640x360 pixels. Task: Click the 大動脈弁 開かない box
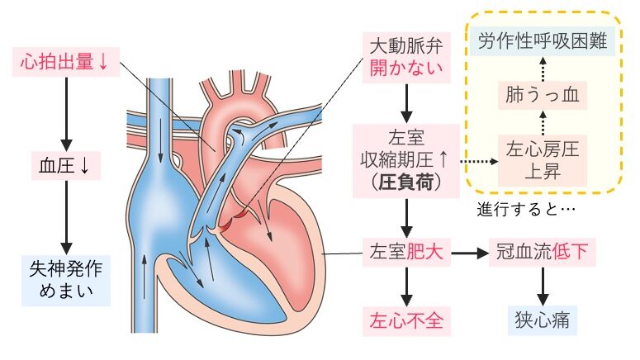(405, 55)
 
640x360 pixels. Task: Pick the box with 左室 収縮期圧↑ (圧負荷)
(405, 160)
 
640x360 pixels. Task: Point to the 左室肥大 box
(405, 253)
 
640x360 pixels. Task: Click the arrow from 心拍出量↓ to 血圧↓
(64, 112)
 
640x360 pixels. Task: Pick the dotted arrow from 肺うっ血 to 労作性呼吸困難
(542, 69)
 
